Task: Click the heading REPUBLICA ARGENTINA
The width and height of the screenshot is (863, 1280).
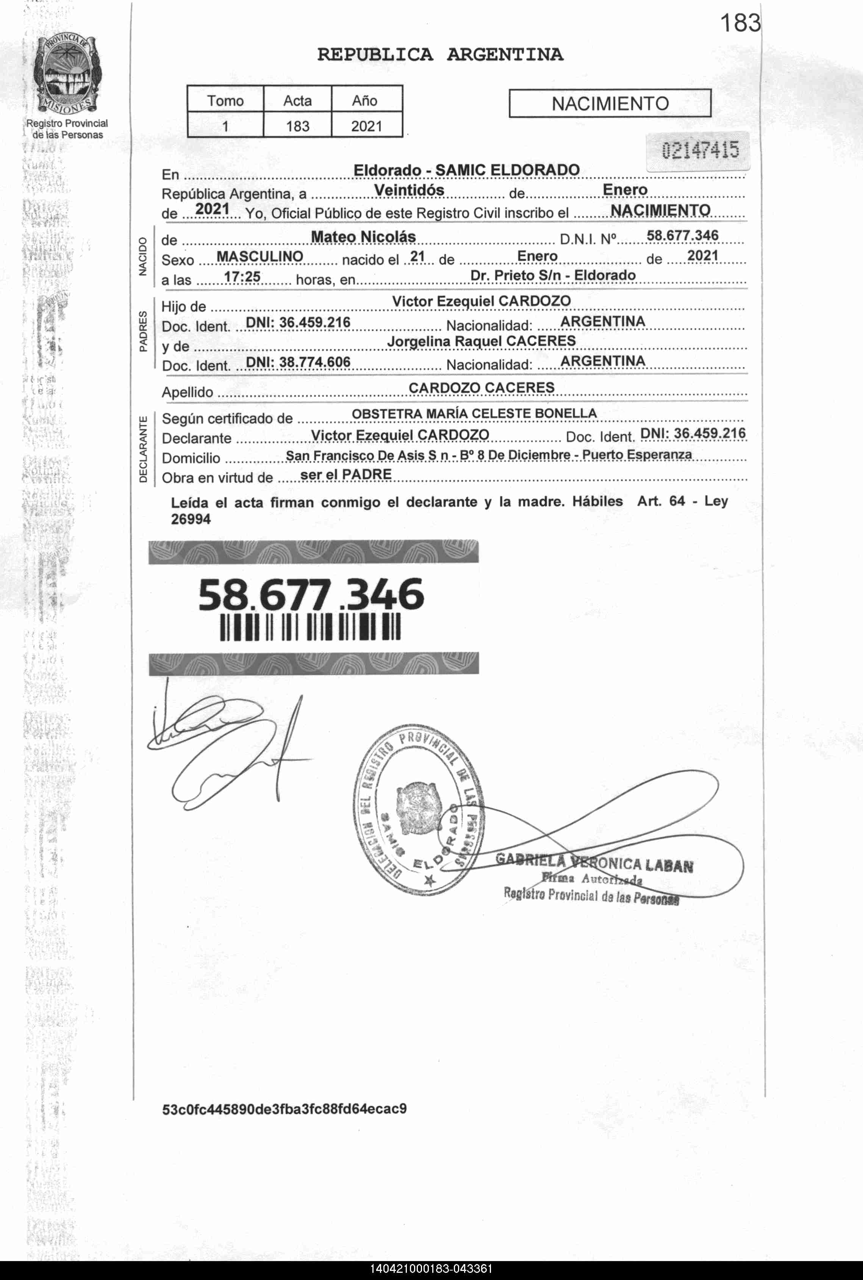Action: click(x=440, y=55)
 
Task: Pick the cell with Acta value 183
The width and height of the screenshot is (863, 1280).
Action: click(x=297, y=126)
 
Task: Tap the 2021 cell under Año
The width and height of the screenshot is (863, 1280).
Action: click(x=367, y=126)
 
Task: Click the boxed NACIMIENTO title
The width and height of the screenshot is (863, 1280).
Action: click(x=610, y=103)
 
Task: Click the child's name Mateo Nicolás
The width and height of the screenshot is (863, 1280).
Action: click(x=363, y=237)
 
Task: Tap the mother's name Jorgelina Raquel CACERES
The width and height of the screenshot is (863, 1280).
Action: click(x=481, y=341)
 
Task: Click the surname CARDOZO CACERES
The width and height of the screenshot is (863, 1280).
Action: click(x=481, y=388)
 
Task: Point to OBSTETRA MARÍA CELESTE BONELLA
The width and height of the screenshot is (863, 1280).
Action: click(x=474, y=414)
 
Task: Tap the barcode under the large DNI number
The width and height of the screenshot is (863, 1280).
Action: click(x=310, y=627)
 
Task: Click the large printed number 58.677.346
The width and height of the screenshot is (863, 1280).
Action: click(x=311, y=594)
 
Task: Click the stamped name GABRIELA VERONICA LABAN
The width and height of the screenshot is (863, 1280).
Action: click(x=594, y=863)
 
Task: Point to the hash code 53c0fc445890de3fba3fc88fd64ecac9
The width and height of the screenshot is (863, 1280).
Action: click(x=284, y=1108)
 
